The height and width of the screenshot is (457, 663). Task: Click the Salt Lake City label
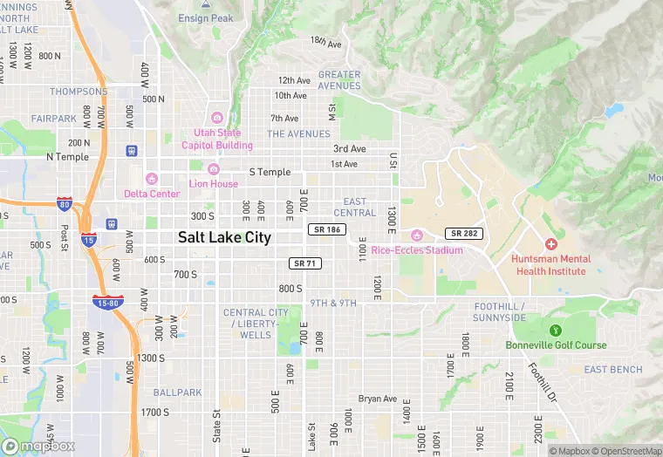click(x=224, y=237)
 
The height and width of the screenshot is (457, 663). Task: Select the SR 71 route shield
click(x=302, y=263)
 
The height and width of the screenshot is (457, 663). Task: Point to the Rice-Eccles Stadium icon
click(x=417, y=235)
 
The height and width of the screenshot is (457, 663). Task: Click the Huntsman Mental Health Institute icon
click(x=550, y=244)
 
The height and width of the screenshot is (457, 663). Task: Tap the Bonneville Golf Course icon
click(x=556, y=331)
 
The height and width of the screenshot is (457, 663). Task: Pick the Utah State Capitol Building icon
click(x=217, y=118)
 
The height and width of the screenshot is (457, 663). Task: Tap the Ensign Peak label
click(x=205, y=17)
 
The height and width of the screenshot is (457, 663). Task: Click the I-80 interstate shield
click(x=64, y=204)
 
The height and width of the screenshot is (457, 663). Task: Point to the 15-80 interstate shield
click(x=107, y=302)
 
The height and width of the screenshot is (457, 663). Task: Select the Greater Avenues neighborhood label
click(x=339, y=80)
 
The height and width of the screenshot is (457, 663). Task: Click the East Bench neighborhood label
click(x=612, y=370)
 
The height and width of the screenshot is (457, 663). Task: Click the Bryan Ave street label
click(x=378, y=399)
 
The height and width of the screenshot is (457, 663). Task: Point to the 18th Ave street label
click(x=325, y=42)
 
